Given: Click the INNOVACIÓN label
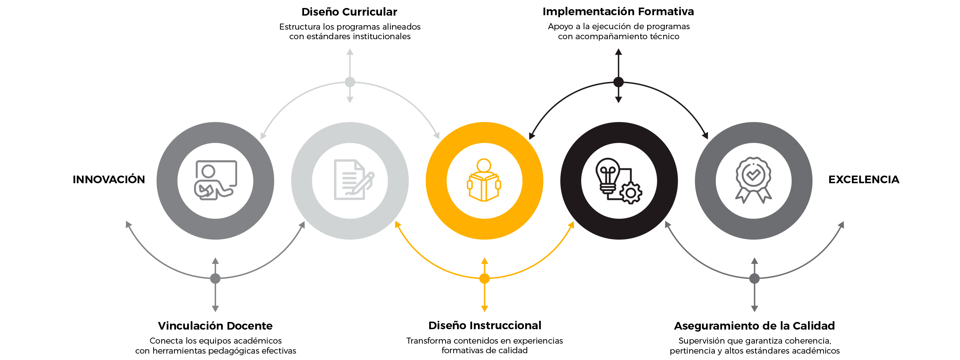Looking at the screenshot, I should coord(109,180).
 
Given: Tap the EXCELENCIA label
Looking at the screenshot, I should coord(864,180).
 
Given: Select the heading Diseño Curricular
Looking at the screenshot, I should coord(349,12).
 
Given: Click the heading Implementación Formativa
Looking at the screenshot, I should coord(618,12).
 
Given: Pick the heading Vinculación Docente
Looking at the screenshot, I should coord(215,326).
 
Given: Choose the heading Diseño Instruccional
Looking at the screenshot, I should coord(485,326).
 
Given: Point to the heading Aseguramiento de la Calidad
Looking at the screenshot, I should coord(754,326).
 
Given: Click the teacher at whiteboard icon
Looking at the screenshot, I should coord(215,180).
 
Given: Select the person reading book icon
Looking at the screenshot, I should coord(484,180).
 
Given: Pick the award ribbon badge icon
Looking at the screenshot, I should coord(754,180).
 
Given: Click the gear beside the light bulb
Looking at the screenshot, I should coord(631,193).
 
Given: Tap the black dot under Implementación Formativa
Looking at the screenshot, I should coord(618,82).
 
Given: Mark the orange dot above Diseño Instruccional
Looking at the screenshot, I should coord(484,278).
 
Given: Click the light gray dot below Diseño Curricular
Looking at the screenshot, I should coord(350,82).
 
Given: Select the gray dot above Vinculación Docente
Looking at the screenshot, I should coord(215,278).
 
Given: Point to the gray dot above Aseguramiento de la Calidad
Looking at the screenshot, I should coord(754,278).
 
